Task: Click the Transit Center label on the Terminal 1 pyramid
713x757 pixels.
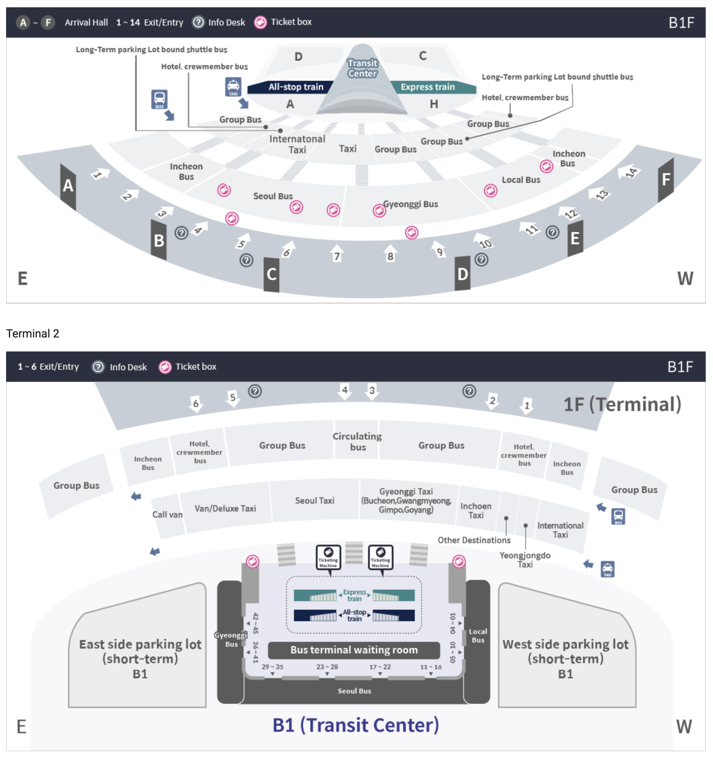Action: (x=362, y=68)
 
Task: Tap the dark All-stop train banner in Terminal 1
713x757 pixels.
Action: (x=295, y=87)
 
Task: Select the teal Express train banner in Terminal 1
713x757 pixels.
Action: (x=428, y=87)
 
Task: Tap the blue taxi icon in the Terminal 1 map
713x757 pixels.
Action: (x=233, y=87)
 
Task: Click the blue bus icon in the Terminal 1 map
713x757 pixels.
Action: (x=159, y=99)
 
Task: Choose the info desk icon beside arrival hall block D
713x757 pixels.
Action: (x=481, y=260)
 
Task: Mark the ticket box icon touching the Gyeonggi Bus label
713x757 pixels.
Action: (x=379, y=210)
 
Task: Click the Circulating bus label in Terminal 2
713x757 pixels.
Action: (x=357, y=441)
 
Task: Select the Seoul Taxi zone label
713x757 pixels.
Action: (x=314, y=500)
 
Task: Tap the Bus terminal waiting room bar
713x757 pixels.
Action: (x=354, y=650)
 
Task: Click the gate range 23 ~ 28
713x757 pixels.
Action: (x=327, y=667)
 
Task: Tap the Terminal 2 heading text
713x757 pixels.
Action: (x=33, y=333)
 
